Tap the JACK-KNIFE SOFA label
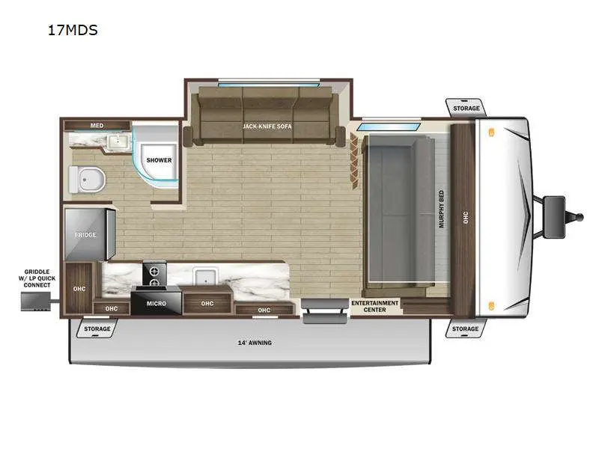click(x=267, y=126)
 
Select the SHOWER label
click(x=159, y=160)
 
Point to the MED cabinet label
click(x=97, y=125)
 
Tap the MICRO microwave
click(x=156, y=305)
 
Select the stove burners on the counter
click(x=156, y=273)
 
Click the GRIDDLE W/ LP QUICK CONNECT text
click(x=37, y=278)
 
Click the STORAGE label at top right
click(x=466, y=109)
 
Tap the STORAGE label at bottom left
click(x=97, y=329)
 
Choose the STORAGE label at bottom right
click(x=465, y=329)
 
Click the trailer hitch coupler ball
click(x=578, y=217)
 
